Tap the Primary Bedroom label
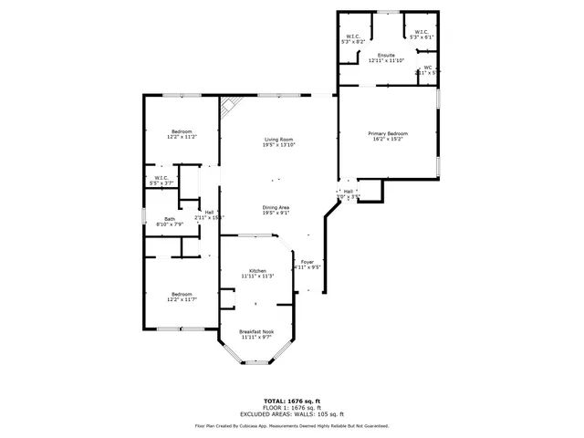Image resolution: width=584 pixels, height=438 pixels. pos(389,134)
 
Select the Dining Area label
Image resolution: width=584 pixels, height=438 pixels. pos(276,207)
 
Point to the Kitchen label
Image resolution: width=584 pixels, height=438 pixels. pos(257,270)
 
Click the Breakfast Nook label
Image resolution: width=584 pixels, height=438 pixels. pos(256,331)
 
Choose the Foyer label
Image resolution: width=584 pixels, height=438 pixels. pos(308,263)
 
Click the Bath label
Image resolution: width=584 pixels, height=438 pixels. pos(170,219)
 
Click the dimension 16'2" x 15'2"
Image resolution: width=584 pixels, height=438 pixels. pos(389,140)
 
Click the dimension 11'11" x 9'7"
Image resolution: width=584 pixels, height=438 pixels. pos(256,338)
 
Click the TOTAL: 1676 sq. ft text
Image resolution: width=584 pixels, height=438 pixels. pos(292,401)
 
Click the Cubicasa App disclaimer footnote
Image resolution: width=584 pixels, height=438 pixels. pos(292,425)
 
